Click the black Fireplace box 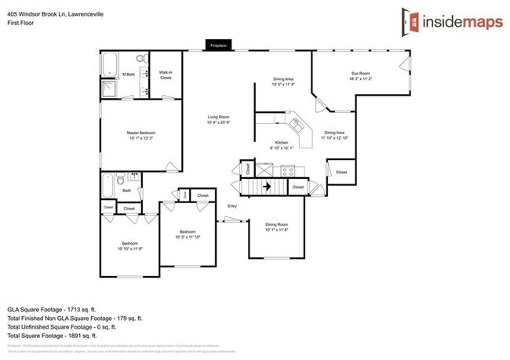[217, 45]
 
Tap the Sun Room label [359, 74]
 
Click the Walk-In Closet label [166, 76]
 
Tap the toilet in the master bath [140, 59]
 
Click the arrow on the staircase [267, 187]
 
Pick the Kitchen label [281, 142]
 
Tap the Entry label [231, 206]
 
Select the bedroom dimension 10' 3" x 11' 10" [187, 237]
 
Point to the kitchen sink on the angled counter [297, 124]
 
